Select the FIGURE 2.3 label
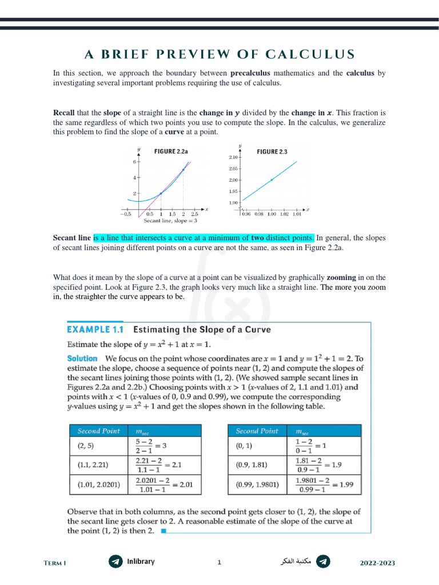click(272, 151)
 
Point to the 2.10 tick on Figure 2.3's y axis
click(234, 157)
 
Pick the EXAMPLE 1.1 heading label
click(96, 330)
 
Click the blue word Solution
click(82, 359)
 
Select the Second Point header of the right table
click(257, 431)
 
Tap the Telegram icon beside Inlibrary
click(115, 562)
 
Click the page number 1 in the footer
click(219, 563)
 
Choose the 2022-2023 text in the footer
click(377, 563)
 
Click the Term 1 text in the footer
click(55, 563)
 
